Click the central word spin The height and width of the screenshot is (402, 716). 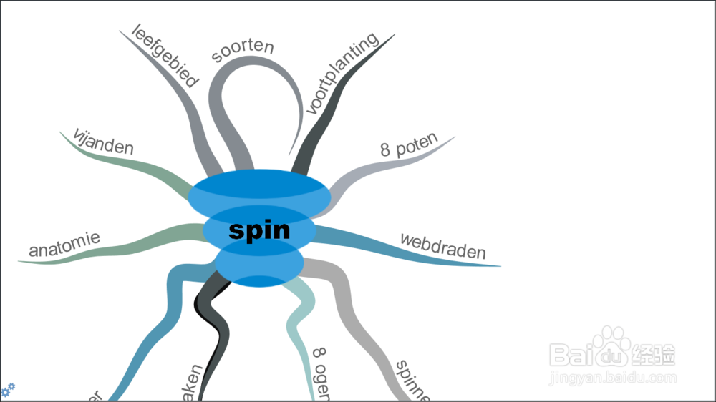click(x=259, y=230)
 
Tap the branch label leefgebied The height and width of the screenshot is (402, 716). click(x=165, y=55)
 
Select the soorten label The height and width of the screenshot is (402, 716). click(x=243, y=51)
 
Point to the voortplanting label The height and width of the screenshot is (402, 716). click(x=342, y=74)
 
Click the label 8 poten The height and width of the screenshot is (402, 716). click(x=408, y=146)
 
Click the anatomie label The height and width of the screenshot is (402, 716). click(x=64, y=245)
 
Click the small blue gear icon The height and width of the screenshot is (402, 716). click(x=8, y=390)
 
